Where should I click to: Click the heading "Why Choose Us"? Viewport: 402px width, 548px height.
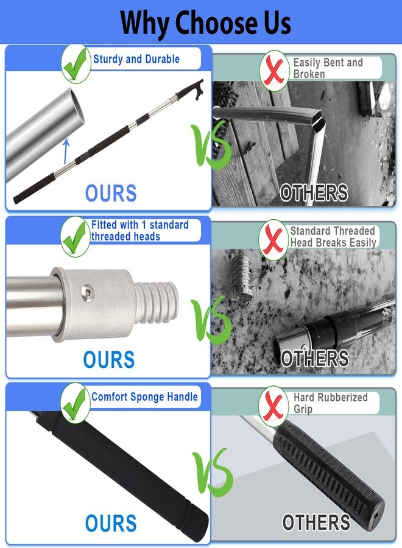205,23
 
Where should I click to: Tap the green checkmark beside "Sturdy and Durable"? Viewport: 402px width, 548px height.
76,64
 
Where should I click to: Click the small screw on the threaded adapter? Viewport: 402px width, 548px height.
87,291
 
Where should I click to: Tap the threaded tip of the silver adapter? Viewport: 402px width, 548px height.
157,302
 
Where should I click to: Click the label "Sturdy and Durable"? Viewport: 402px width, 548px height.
136,59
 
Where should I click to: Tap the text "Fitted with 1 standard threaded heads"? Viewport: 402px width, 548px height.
140,230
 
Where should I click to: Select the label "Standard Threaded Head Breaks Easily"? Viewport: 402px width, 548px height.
333,237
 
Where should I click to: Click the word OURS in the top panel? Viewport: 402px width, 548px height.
111,193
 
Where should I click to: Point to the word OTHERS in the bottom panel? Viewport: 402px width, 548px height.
316,522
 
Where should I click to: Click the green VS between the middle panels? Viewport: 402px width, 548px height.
211,321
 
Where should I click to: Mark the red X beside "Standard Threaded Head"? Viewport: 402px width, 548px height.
273,240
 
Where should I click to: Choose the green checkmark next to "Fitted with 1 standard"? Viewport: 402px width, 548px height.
75,237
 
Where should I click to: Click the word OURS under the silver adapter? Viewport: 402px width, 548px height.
108,360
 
